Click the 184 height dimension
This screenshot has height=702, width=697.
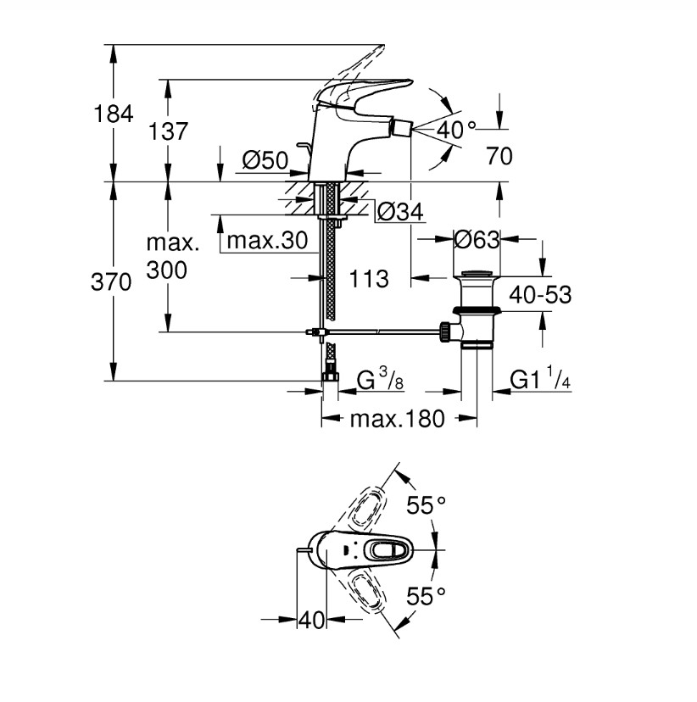[x=114, y=114]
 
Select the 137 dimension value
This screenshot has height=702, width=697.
[x=168, y=131]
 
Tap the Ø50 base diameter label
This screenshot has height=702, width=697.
[x=265, y=160]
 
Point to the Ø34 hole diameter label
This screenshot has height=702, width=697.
[x=400, y=212]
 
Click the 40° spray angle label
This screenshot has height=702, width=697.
[x=456, y=131]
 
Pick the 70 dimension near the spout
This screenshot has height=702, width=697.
[x=499, y=156]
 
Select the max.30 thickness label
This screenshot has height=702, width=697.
[x=267, y=241]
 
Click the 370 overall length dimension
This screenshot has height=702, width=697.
[x=111, y=282]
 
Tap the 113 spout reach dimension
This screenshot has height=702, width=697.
[x=369, y=279]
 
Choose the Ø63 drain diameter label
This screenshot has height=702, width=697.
[x=477, y=240]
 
